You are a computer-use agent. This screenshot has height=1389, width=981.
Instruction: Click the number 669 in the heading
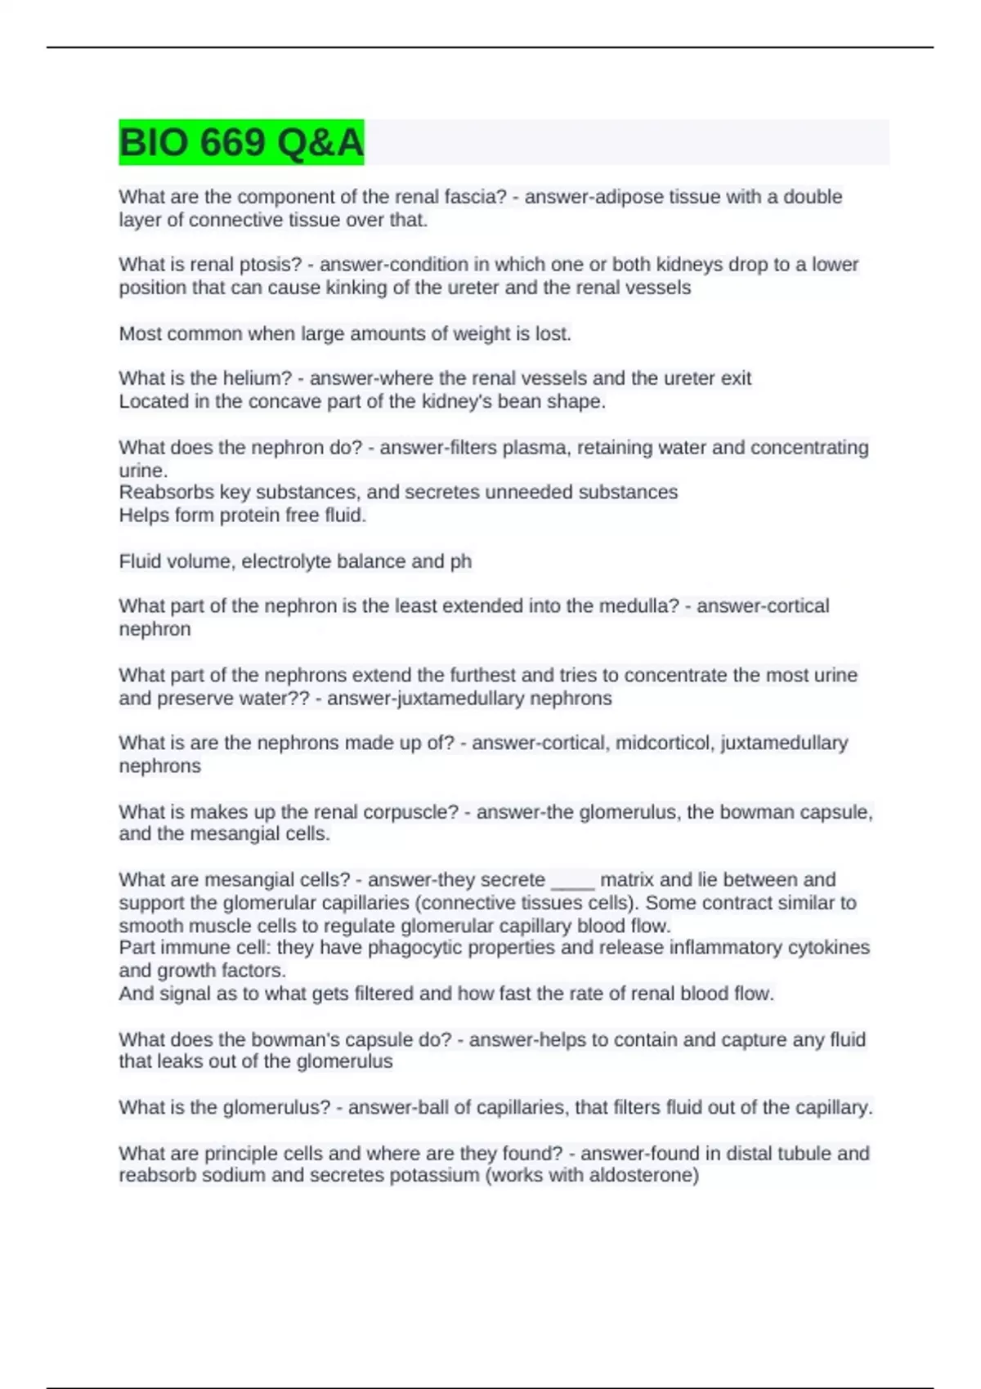click(x=231, y=143)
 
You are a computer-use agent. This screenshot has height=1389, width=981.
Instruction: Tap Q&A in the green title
click(x=320, y=143)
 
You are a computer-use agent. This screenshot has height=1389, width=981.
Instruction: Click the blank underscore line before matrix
click(x=572, y=880)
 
